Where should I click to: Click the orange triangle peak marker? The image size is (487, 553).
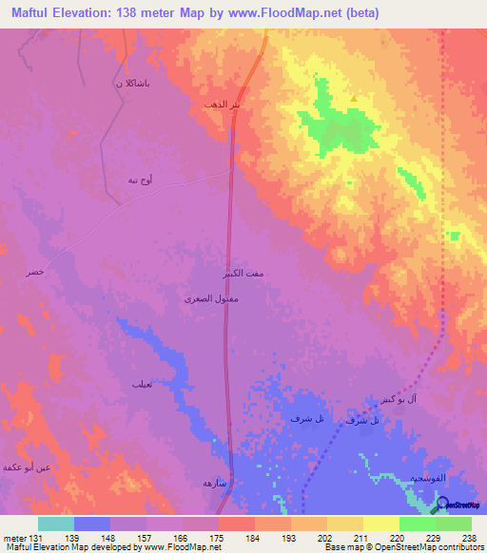point(354,98)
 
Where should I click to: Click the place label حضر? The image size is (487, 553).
point(34,272)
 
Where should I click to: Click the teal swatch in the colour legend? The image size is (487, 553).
point(56,524)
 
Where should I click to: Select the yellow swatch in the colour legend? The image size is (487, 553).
point(381,524)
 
